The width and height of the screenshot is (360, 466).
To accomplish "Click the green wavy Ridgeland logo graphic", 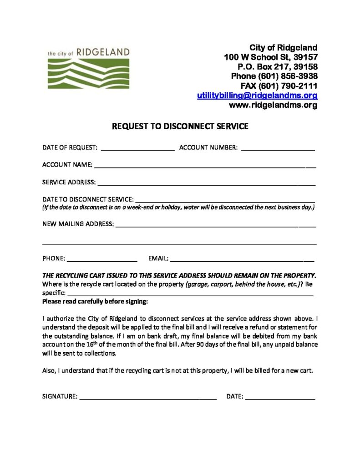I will pyautogui.click(x=88, y=73).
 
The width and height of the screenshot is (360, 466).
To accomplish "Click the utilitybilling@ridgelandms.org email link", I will pyautogui.click(x=257, y=96).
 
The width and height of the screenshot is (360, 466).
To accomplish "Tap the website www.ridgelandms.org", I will pyautogui.click(x=273, y=105).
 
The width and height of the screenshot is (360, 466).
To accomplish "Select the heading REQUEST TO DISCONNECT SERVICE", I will pyautogui.click(x=180, y=127).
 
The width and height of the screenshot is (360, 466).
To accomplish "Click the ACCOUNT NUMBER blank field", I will pyautogui.click(x=278, y=148).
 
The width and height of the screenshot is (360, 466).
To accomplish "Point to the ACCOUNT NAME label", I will pyautogui.click(x=67, y=165).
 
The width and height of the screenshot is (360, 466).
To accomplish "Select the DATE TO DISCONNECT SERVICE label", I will pyautogui.click(x=88, y=199).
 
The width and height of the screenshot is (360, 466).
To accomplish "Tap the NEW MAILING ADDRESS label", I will pyautogui.click(x=78, y=224).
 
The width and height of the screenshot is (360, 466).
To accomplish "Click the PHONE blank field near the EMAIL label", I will pyautogui.click(x=102, y=259).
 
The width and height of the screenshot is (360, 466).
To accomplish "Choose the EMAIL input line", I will pyautogui.click(x=242, y=259).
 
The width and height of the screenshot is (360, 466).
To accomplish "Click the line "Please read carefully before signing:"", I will pyautogui.click(x=95, y=301).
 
